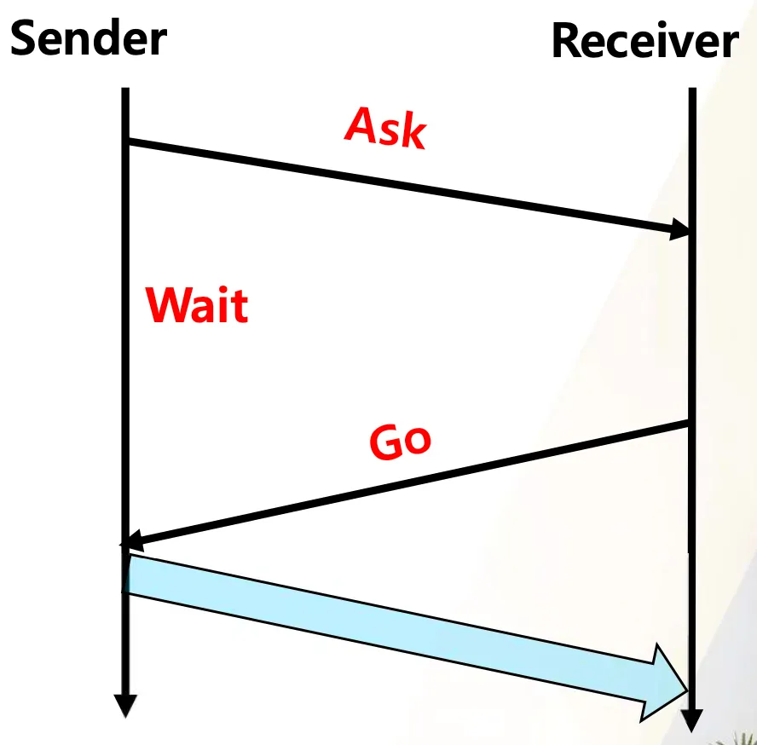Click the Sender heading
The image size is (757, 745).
[88, 38]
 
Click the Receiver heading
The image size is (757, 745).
[644, 41]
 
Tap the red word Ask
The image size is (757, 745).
[385, 129]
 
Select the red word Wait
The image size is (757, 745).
[197, 304]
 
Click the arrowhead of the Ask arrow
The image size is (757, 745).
[680, 228]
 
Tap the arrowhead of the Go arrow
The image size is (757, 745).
[133, 542]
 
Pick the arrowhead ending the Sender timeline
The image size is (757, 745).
[125, 705]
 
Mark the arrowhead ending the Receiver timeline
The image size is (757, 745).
[692, 720]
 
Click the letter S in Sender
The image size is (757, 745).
[25, 39]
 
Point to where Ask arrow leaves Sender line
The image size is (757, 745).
[127, 141]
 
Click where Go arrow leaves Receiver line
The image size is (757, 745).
[689, 422]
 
